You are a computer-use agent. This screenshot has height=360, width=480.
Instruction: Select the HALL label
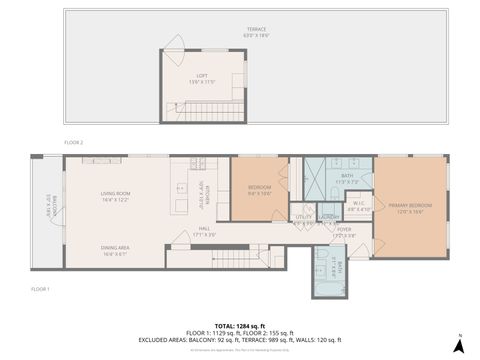[x=204, y=232]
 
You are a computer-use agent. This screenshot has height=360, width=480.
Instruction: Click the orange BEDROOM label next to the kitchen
[x=259, y=192]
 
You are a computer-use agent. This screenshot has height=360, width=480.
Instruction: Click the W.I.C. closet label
[x=358, y=207]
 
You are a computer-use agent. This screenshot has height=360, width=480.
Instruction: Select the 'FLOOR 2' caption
[x=73, y=142]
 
